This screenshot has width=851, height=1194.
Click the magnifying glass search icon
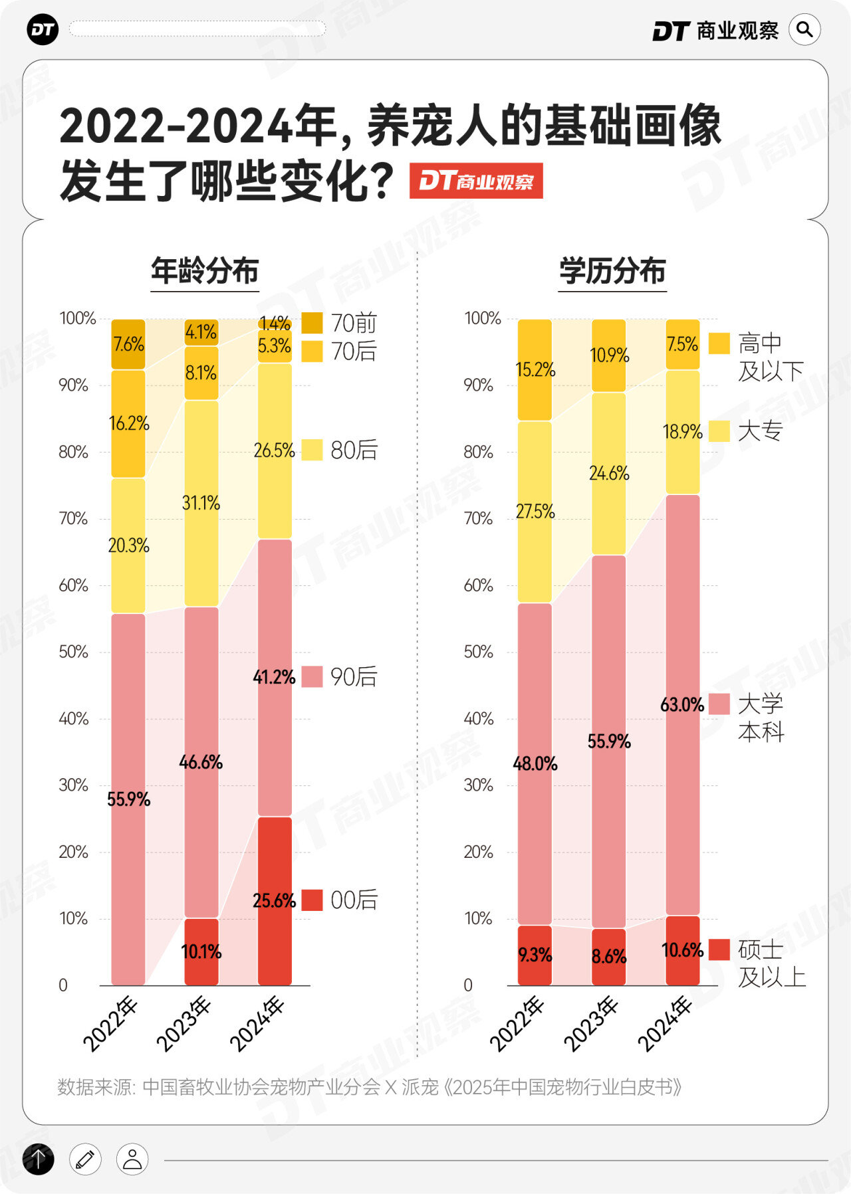(x=804, y=30)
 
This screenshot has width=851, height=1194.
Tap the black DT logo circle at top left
(x=43, y=30)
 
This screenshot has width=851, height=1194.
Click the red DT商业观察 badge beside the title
(x=476, y=181)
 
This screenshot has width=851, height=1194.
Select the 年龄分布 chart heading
(x=205, y=271)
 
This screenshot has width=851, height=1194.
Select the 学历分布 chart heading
(x=612, y=271)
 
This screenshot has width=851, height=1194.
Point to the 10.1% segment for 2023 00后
(x=201, y=951)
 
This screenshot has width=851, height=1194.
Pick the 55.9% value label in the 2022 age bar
(x=128, y=799)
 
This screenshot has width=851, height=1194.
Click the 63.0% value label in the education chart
(x=682, y=704)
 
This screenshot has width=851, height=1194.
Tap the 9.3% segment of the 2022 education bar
(x=535, y=955)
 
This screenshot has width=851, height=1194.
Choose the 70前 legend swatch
(x=312, y=323)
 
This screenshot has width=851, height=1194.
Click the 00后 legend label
(x=354, y=900)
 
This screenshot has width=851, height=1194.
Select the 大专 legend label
(x=761, y=431)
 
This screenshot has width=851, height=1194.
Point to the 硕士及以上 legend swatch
(x=719, y=949)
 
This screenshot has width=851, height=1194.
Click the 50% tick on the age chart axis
(x=73, y=652)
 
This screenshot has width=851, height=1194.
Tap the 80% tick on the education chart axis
(x=479, y=452)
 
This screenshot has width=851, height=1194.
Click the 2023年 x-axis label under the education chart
(x=591, y=1024)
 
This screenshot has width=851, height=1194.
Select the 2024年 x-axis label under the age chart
(x=257, y=1024)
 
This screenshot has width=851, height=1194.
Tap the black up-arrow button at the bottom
(x=39, y=1159)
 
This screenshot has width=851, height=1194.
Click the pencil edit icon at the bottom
(x=85, y=1159)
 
